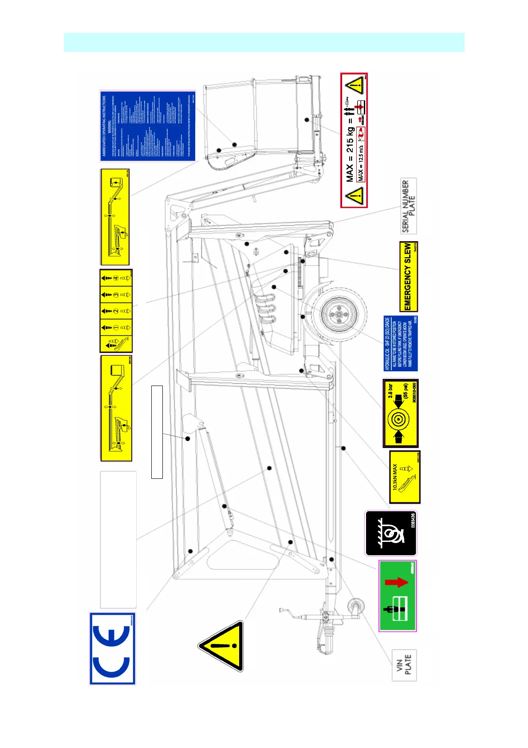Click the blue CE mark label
tap(113, 649)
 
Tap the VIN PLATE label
tap(405, 664)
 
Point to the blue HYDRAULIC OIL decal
tap(401, 343)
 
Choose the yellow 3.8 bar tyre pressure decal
tap(401, 413)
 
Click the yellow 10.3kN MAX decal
tap(405, 477)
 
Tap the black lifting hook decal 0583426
tap(391, 533)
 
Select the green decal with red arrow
tap(398, 596)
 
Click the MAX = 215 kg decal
tap(354, 140)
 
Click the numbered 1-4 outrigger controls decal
tap(116, 311)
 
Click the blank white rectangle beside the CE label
tap(118, 539)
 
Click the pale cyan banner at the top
tap(264, 42)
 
